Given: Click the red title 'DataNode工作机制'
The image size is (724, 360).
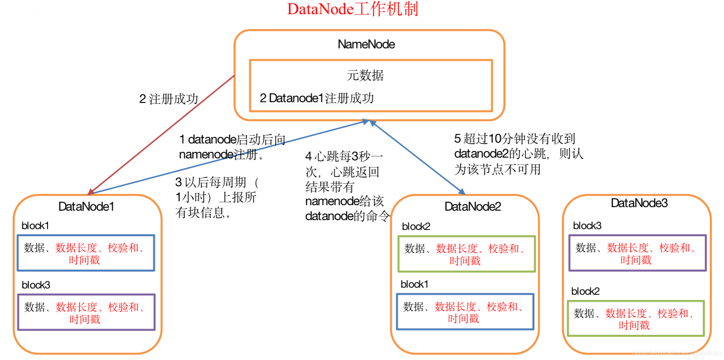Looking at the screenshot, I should [x=353, y=9].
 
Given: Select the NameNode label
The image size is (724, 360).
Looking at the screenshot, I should [x=366, y=44].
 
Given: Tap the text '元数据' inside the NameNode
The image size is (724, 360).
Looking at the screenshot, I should [x=365, y=75].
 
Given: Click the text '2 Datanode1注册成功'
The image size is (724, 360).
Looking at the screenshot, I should [x=316, y=98].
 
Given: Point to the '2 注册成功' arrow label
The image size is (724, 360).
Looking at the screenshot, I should [x=169, y=99].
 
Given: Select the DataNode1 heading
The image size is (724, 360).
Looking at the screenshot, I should [x=86, y=206].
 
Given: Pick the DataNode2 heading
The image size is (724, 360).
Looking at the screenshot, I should [x=472, y=206].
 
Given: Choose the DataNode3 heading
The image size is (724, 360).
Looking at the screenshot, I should [x=639, y=203].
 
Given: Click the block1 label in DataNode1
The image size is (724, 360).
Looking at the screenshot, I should [x=35, y=226].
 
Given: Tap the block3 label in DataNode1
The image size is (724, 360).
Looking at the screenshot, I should [x=36, y=285].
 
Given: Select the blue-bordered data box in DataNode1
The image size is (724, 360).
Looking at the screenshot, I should [x=86, y=253].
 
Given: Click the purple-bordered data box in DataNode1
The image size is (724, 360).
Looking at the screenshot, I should [x=86, y=312].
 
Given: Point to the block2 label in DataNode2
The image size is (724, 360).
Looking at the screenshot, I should [x=416, y=226].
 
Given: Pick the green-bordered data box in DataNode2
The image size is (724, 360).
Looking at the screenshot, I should [x=467, y=254].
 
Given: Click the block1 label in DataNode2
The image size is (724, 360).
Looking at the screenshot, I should [x=414, y=284].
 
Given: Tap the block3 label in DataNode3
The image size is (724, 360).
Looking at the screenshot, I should [x=587, y=226].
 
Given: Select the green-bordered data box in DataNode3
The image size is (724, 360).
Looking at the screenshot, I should [x=636, y=319].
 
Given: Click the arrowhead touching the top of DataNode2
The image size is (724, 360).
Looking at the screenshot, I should [x=462, y=192].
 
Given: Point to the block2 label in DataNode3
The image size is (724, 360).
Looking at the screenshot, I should [x=585, y=291].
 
